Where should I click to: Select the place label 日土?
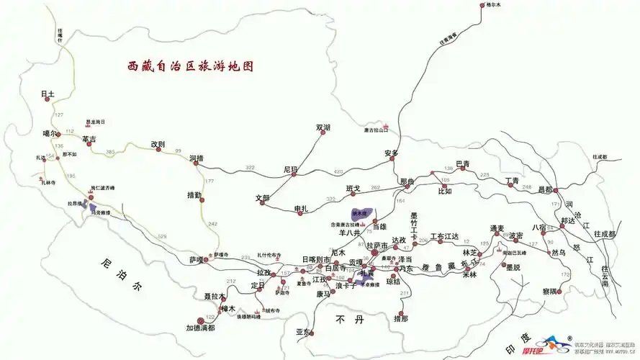(x=48, y=94)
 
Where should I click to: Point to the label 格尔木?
(x=493, y=5)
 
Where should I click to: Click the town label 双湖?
(x=323, y=127)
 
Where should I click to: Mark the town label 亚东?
(x=302, y=332)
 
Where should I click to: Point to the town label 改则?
(x=158, y=143)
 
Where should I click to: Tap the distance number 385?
(x=110, y=152)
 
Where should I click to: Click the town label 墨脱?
(x=513, y=266)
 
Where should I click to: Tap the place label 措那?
(x=401, y=318)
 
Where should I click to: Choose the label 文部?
(x=262, y=197)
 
